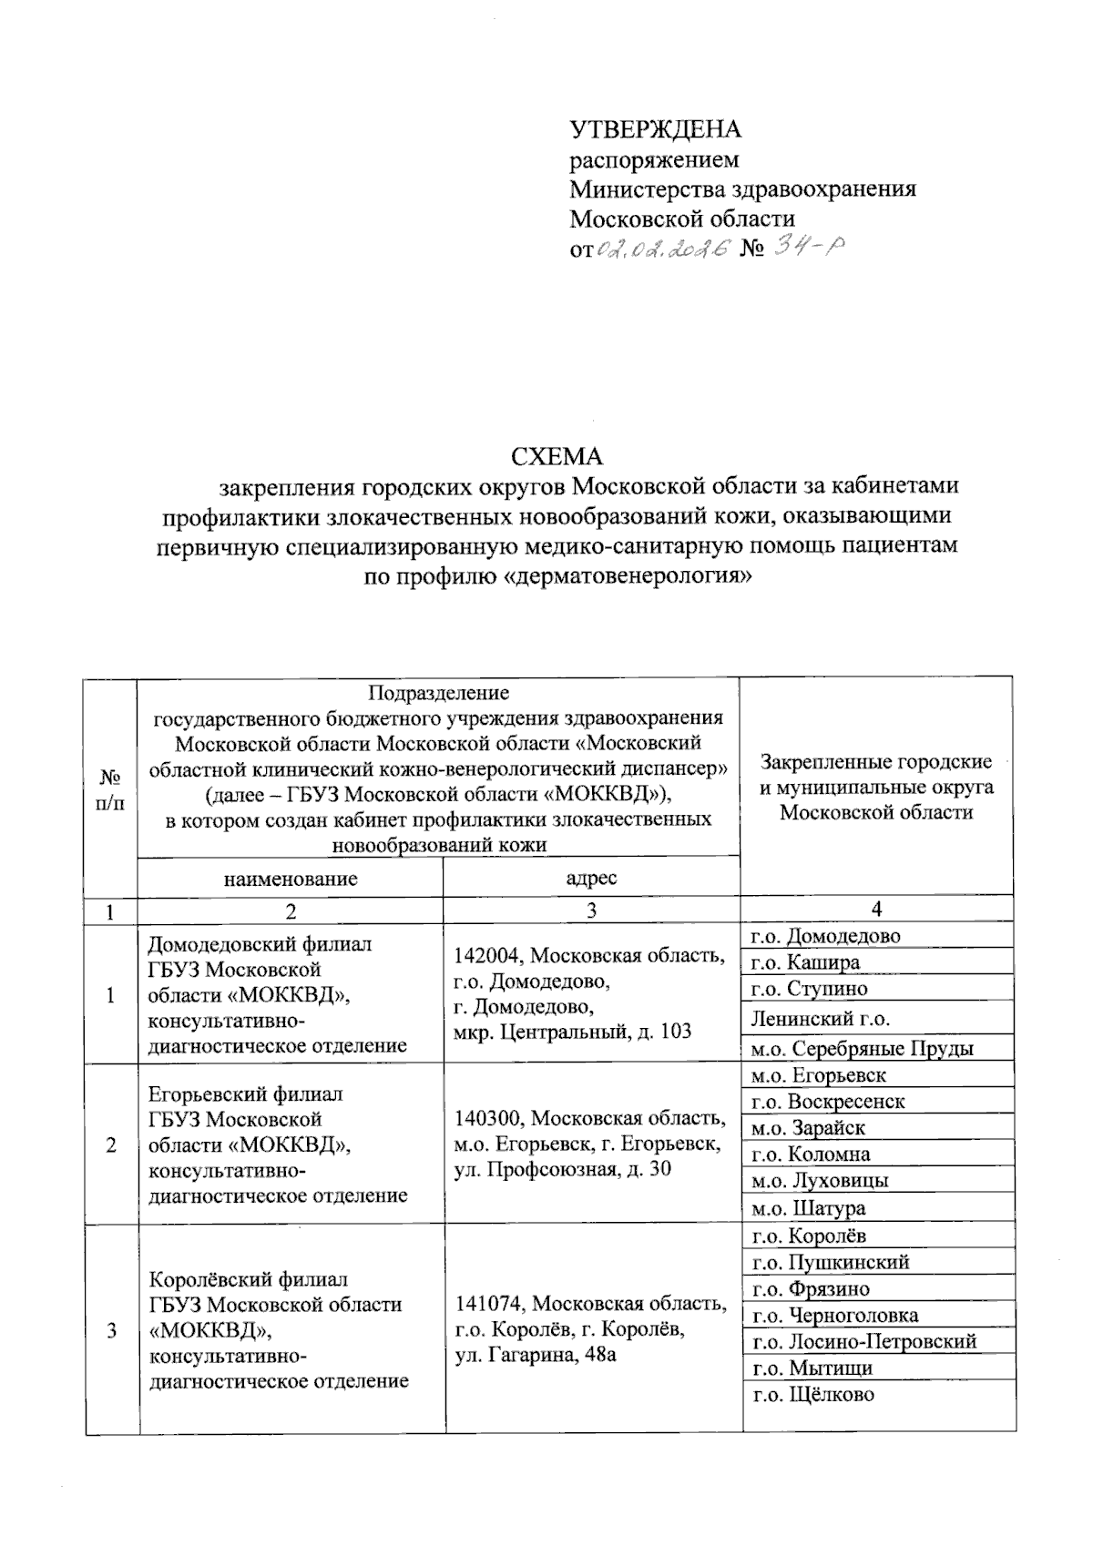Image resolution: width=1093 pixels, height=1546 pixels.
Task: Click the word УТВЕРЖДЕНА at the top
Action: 655,129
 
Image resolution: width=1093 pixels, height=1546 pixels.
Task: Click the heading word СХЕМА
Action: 557,455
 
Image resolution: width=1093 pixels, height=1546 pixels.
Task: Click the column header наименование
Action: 291,879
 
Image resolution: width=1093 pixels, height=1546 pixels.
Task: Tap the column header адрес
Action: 591,879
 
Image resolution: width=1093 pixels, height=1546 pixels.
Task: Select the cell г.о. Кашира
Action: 804,962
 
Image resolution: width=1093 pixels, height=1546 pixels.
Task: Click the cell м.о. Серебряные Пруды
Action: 862,1048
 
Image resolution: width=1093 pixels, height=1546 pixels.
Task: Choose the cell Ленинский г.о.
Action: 820,1018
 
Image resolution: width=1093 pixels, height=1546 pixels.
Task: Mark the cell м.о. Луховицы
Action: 820,1180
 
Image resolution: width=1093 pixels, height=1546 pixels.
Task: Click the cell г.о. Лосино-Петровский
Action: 863,1340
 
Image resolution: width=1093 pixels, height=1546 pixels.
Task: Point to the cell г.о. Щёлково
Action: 812,1394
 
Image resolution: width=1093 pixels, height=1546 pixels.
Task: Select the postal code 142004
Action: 488,956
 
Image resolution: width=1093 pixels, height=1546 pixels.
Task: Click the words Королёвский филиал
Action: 248,1279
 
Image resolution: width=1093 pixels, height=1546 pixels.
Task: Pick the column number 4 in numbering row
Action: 876,909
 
